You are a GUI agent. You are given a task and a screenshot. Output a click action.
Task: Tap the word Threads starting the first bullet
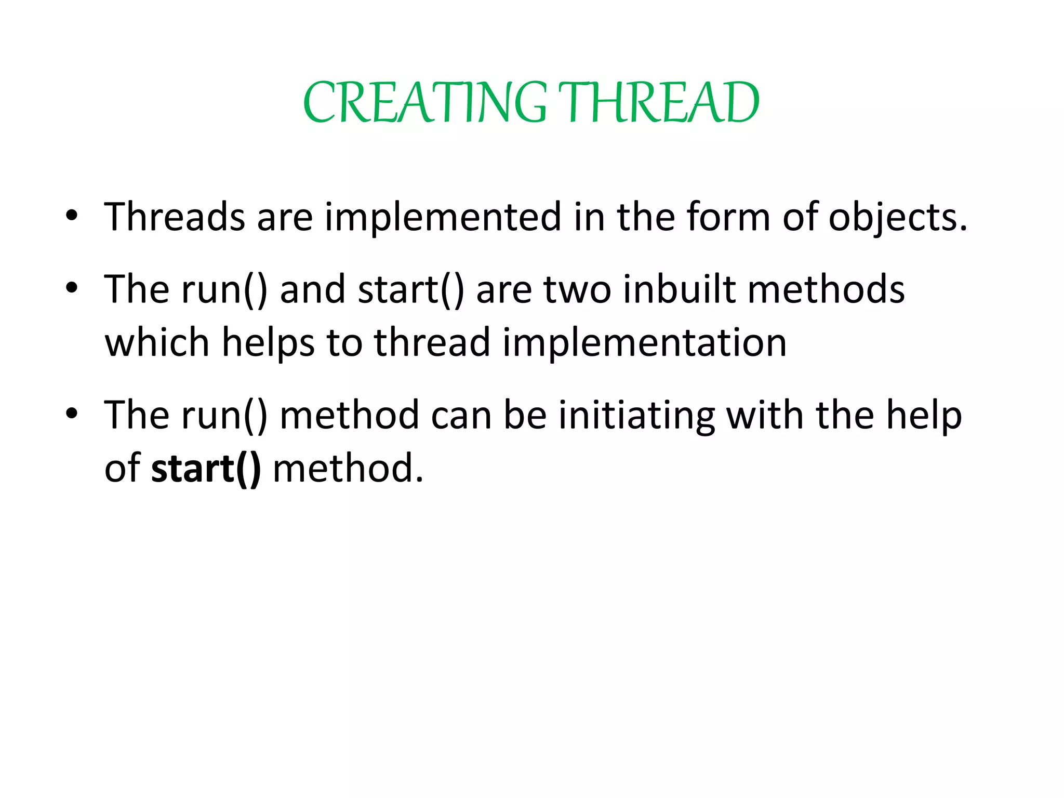coord(175,217)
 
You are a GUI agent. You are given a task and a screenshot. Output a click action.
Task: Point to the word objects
coord(897,218)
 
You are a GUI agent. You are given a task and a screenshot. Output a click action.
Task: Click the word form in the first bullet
coord(728,217)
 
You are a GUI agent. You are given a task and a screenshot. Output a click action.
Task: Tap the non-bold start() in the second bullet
coord(410,290)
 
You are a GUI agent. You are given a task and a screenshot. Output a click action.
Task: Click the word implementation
coord(644,343)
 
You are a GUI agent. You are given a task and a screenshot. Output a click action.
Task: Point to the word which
coord(157,343)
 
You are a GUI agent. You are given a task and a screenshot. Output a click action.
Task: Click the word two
coord(577,290)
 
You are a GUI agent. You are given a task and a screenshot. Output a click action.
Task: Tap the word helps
coord(268,343)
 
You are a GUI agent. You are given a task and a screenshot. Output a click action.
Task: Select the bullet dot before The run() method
coord(72,414)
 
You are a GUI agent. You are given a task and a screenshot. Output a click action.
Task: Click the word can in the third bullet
coord(461,416)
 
